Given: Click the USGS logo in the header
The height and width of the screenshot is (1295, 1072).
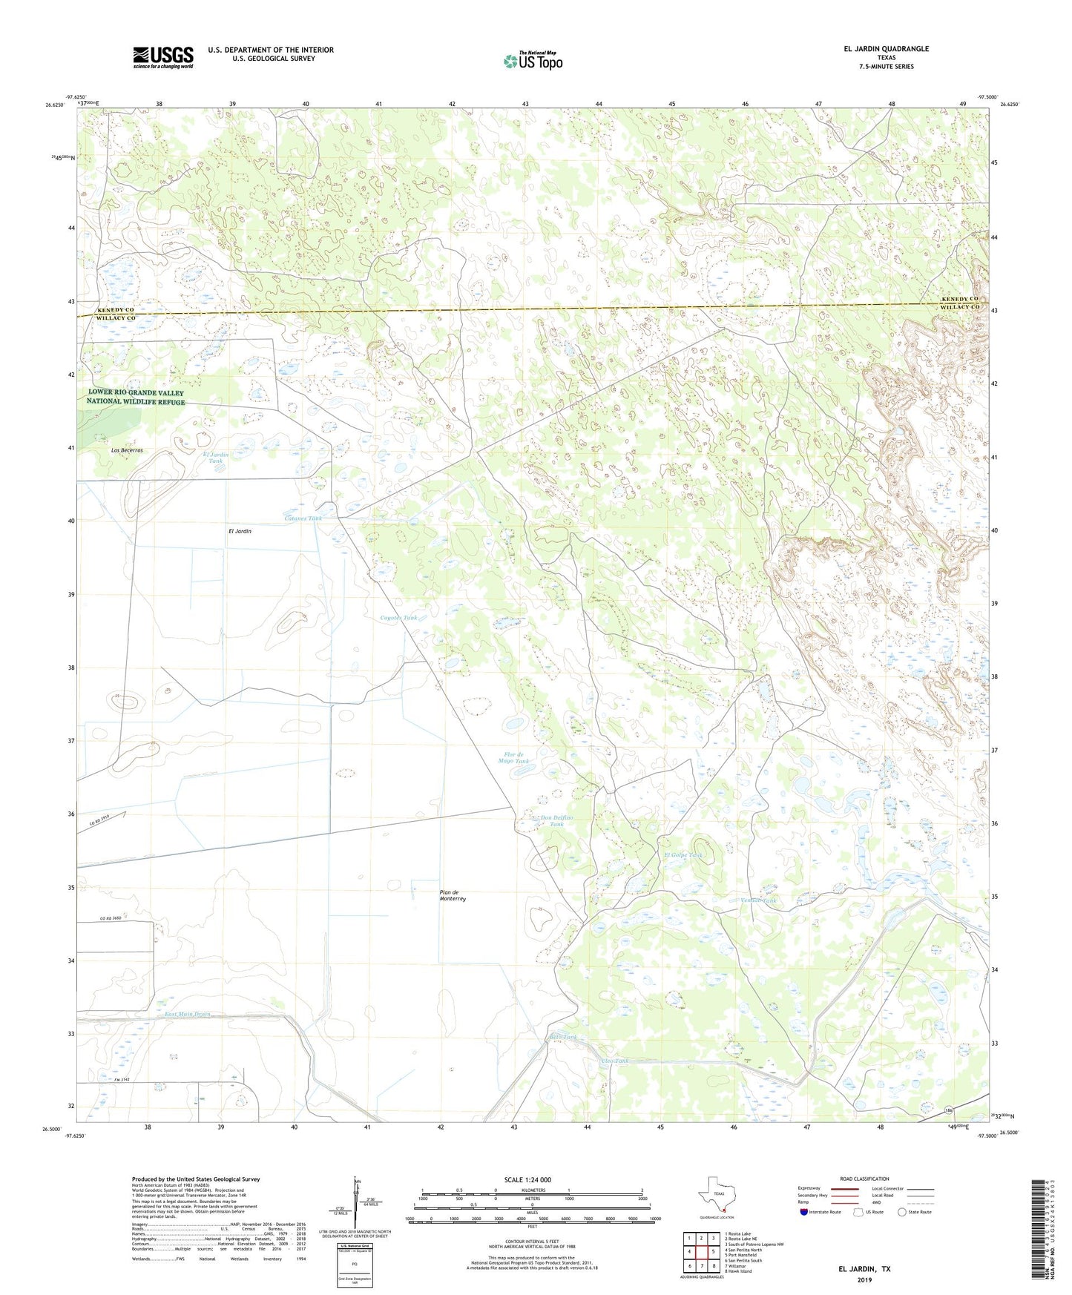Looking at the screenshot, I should click(x=162, y=56).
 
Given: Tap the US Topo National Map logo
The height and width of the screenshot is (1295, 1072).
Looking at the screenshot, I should click(x=533, y=61).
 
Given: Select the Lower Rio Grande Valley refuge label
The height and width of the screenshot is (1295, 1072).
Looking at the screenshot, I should click(x=136, y=397).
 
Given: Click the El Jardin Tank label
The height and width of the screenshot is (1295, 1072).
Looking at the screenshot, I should click(x=215, y=458).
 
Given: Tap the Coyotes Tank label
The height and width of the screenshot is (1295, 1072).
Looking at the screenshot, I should click(x=398, y=617).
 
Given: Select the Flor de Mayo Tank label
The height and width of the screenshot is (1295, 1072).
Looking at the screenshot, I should click(x=513, y=757).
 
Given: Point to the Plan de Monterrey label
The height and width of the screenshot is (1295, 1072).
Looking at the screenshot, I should click(x=452, y=895).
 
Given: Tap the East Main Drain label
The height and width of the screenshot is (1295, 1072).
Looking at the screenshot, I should click(x=188, y=1014).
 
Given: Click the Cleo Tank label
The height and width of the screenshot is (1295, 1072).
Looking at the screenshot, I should click(x=614, y=1061).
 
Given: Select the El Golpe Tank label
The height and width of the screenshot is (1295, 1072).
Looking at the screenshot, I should click(x=683, y=855).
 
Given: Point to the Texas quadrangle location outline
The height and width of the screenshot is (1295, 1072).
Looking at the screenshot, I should click(x=716, y=1195).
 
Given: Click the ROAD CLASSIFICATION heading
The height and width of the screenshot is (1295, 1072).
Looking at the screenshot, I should click(x=864, y=1179).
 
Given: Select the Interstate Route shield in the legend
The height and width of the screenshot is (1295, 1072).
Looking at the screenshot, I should click(x=805, y=1212).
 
